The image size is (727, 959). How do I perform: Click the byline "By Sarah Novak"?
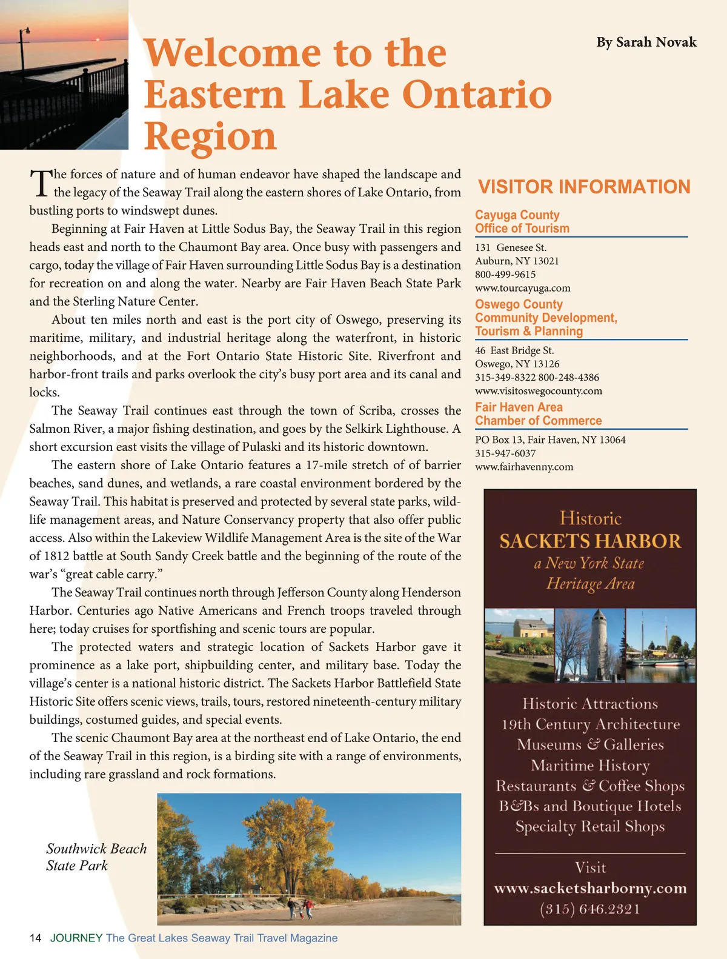pyautogui.click(x=646, y=42)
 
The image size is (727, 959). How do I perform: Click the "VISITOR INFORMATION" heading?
pyautogui.click(x=584, y=187)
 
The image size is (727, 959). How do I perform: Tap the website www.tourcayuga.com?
pyautogui.click(x=522, y=288)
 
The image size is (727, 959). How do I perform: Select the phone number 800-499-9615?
pyautogui.click(x=505, y=275)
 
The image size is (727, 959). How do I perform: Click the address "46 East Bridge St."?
pyautogui.click(x=514, y=350)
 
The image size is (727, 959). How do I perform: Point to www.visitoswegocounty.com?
pyautogui.click(x=539, y=391)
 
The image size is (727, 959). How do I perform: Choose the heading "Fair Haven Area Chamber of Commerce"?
pyautogui.click(x=538, y=414)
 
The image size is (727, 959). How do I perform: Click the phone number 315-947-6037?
pyautogui.click(x=505, y=453)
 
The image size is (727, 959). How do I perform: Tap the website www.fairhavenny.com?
pyautogui.click(x=523, y=467)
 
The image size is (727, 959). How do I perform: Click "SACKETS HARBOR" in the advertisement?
pyautogui.click(x=590, y=541)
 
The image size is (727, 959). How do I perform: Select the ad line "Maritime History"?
pyautogui.click(x=590, y=766)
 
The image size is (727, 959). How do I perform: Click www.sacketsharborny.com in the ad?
pyautogui.click(x=590, y=888)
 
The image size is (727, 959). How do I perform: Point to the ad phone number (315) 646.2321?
pyautogui.click(x=590, y=909)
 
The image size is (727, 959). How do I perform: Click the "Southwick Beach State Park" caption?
pyautogui.click(x=96, y=857)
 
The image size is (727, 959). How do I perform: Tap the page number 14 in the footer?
pyautogui.click(x=35, y=938)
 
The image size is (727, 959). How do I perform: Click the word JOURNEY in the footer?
pyautogui.click(x=76, y=938)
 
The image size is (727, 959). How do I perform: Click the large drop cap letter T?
pyautogui.click(x=40, y=183)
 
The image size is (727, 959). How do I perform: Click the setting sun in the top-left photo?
pyautogui.click(x=98, y=40)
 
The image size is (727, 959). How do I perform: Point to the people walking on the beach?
pyautogui.click(x=300, y=907)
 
